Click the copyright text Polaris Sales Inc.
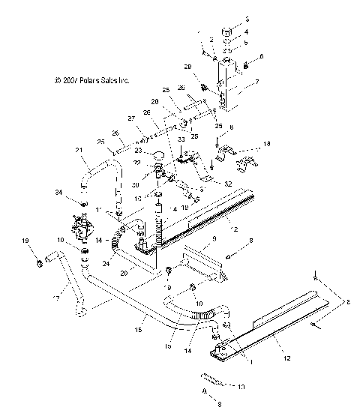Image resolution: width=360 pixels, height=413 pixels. (87, 78)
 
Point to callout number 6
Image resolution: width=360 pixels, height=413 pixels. (262, 56)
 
